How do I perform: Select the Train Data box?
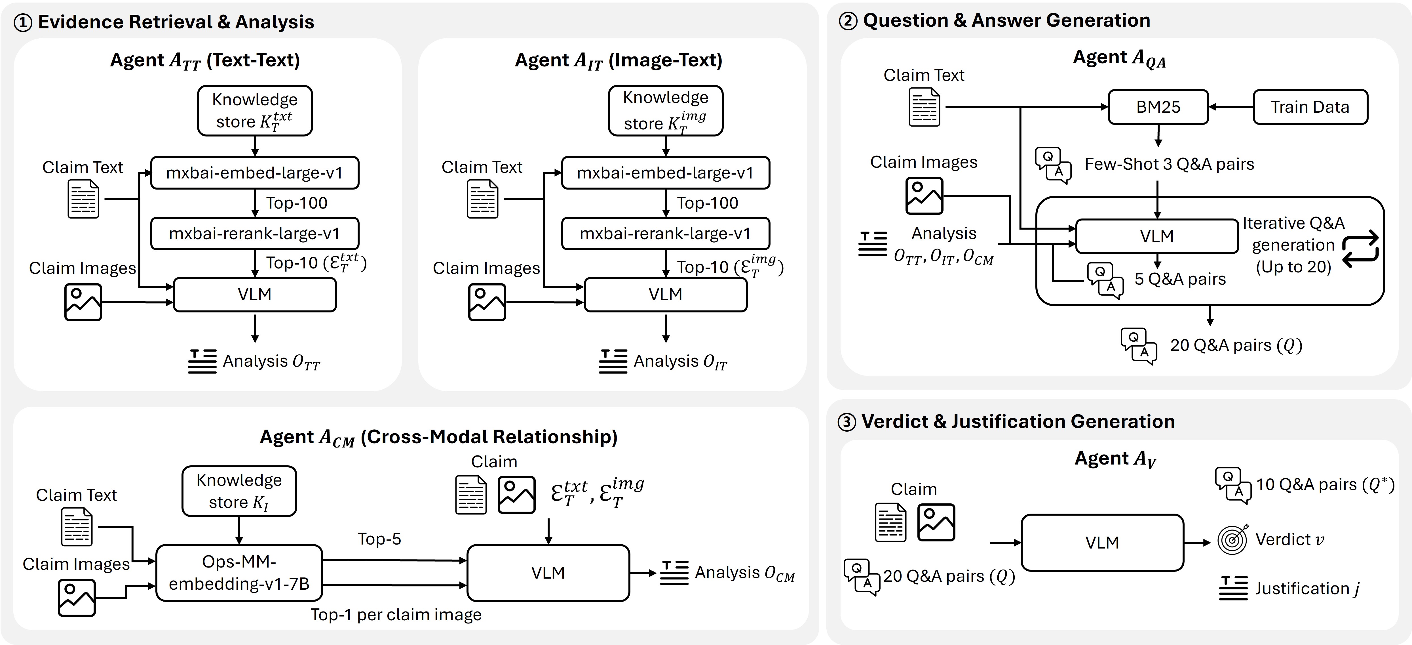click(1310, 107)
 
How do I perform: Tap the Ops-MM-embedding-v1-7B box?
click(239, 573)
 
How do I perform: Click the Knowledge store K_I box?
click(239, 491)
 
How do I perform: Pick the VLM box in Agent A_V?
click(1102, 543)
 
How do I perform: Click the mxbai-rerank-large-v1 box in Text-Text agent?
click(254, 234)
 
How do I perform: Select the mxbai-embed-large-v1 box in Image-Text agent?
click(665, 173)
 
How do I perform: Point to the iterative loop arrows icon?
click(1360, 249)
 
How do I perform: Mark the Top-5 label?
click(379, 539)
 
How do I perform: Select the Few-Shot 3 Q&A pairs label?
click(1169, 164)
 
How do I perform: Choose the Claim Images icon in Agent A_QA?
click(924, 195)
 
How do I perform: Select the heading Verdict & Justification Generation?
click(1018, 421)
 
